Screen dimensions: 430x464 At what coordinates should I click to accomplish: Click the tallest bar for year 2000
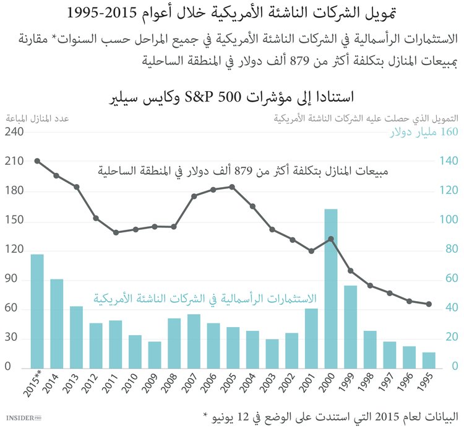[x=331, y=288]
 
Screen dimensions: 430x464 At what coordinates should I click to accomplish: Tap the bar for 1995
[x=429, y=360]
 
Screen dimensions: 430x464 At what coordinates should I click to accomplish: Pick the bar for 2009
[x=155, y=354]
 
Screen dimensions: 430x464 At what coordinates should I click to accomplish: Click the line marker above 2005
[x=232, y=186]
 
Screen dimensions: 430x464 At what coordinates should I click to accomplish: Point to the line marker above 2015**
[x=37, y=161]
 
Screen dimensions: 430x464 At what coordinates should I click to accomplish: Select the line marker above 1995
[x=429, y=304]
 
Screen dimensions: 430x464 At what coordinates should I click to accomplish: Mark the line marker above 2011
[x=116, y=233]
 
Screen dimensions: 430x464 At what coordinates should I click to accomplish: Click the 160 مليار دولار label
[x=424, y=133]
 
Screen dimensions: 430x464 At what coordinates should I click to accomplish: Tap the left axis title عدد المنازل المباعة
[x=38, y=118]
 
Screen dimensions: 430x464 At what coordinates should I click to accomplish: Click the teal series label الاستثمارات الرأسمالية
[x=204, y=297]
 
